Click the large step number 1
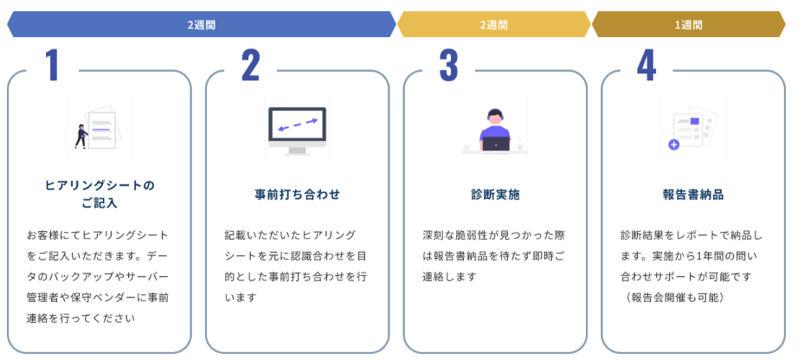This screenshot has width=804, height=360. tap(53, 66)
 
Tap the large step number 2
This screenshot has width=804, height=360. tap(250, 66)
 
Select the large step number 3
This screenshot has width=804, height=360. tap(448, 66)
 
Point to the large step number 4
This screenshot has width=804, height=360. tap(646, 66)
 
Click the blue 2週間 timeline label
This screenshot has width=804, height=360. tap(201, 25)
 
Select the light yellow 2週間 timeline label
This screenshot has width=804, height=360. tap(493, 25)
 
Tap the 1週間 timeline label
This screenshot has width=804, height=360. tap(688, 25)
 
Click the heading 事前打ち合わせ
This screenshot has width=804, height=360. tap(297, 195)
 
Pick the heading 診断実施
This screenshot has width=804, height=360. tap(495, 195)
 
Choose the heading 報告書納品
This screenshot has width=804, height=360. tap(692, 195)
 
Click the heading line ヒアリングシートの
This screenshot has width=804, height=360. tap(99, 185)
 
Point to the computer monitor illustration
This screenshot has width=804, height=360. tap(297, 130)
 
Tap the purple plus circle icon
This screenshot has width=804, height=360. tap(673, 145)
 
